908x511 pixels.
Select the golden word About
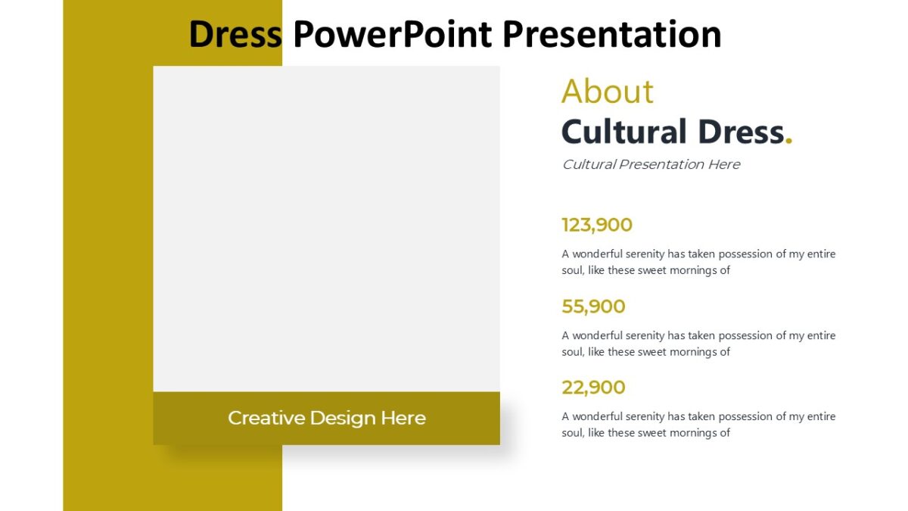pos(607,92)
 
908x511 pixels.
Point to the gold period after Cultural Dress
pos(789,139)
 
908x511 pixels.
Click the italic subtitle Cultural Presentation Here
pos(651,164)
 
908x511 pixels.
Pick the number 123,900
pos(597,225)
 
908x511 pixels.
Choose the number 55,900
pos(593,307)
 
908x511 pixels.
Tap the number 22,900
pos(593,388)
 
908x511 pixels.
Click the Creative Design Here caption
pos(326,418)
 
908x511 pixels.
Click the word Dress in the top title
pos(235,35)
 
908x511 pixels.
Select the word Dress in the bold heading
pos(741,132)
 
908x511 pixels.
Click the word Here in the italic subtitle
pos(724,164)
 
